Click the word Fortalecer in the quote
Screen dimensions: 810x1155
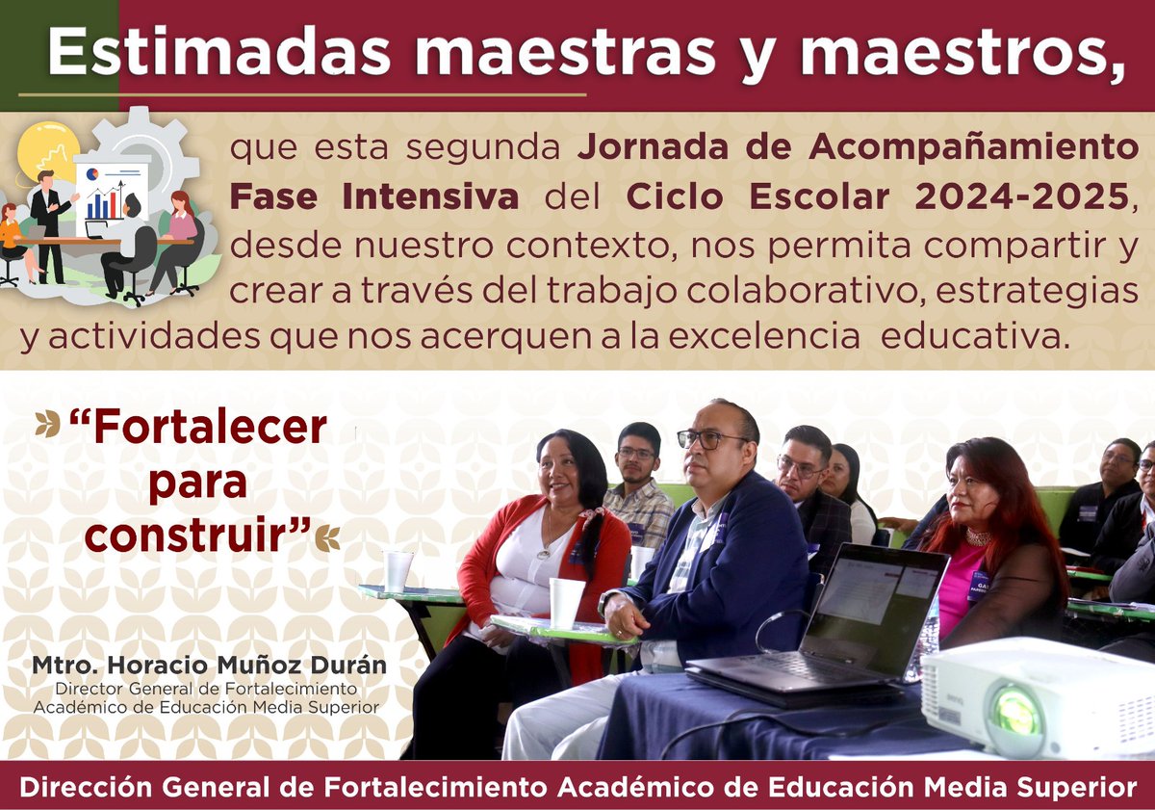click(198, 428)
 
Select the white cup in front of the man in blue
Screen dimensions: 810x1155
click(566, 603)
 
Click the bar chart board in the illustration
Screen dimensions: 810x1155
click(111, 193)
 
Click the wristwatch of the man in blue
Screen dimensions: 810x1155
click(606, 602)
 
